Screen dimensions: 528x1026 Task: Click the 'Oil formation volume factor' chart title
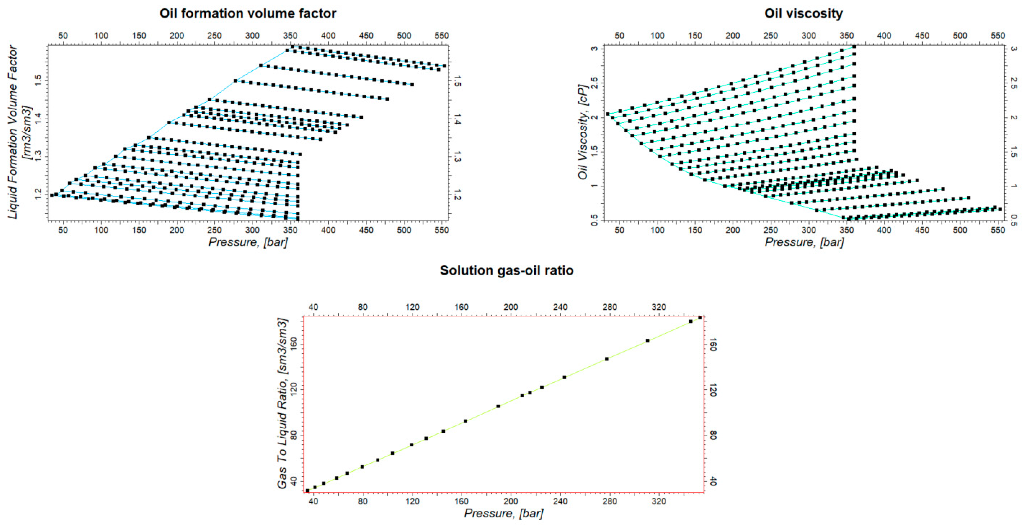point(248,13)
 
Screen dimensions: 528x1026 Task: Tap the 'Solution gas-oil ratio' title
point(506,270)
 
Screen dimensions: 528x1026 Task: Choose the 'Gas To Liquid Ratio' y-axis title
point(282,403)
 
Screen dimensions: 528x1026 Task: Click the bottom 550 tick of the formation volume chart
point(441,230)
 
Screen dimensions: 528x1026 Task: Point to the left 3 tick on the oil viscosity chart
point(594,49)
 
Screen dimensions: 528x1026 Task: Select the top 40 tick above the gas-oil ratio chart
point(313,307)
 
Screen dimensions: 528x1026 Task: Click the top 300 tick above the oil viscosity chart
point(809,36)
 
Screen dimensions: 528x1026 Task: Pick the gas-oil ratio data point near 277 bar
point(607,359)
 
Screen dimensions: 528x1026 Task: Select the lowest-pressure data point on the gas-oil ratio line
point(307,491)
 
